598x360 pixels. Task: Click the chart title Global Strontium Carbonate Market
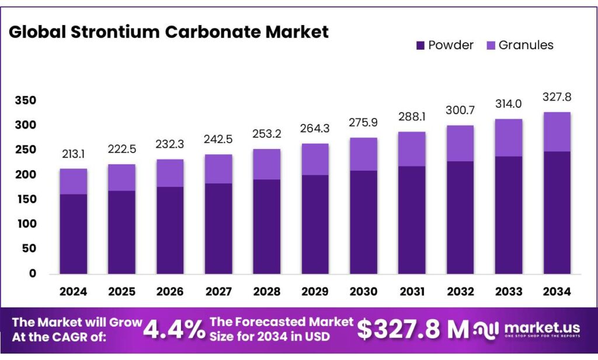[169, 32]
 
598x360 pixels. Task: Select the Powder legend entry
[444, 45]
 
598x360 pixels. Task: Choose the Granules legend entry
[519, 45]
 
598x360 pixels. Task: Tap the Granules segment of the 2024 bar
[74, 181]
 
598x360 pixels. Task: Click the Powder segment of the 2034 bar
[557, 213]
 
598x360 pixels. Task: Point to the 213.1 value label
[74, 154]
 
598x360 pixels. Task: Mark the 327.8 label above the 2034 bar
[557, 96]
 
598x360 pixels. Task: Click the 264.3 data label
[315, 128]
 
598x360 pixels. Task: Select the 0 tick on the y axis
[32, 274]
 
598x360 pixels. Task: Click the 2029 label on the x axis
[315, 291]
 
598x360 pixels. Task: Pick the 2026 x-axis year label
[170, 291]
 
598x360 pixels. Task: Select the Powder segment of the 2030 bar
[363, 222]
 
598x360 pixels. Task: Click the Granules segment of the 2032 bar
[460, 143]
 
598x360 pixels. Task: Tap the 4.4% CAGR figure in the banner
[174, 329]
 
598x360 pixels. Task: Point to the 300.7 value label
[460, 110]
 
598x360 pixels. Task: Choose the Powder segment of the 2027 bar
[218, 229]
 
